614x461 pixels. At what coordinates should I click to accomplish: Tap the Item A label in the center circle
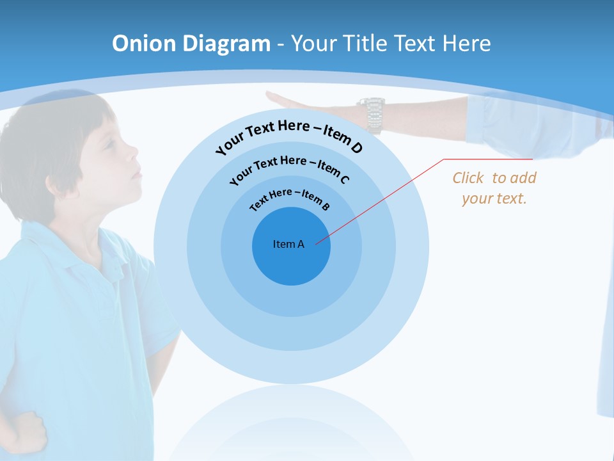[288, 244]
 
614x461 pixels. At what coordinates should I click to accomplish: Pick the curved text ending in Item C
[289, 168]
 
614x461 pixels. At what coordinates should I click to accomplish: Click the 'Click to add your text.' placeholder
[494, 188]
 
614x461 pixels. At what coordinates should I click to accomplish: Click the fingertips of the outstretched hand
[272, 97]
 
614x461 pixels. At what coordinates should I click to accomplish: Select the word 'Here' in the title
[462, 44]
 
